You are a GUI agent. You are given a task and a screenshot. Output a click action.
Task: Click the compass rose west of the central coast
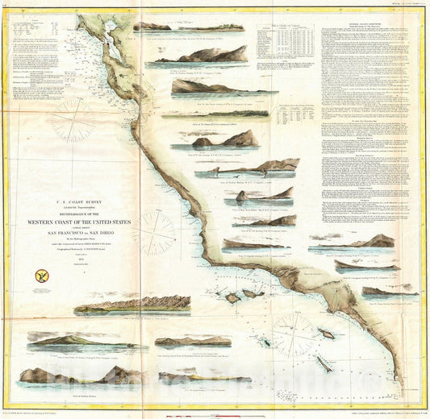(x=153, y=234)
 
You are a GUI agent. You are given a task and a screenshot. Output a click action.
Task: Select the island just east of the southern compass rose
(x=326, y=333)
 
